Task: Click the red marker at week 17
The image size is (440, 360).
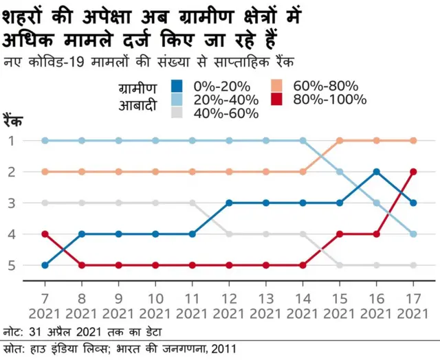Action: pos(413,172)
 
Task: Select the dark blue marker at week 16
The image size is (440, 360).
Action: pos(376,172)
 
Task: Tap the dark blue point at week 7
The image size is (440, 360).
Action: pos(45,265)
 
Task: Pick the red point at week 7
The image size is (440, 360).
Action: pos(45,234)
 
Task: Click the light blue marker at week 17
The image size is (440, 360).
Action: pos(413,234)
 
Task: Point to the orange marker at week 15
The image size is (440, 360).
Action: pos(340,141)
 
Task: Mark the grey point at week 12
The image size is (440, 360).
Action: pos(229,234)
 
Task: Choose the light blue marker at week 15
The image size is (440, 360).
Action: pos(340,172)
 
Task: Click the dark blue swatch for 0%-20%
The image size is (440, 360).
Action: pos(177,87)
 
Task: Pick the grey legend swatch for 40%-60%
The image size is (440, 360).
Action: pos(177,113)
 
